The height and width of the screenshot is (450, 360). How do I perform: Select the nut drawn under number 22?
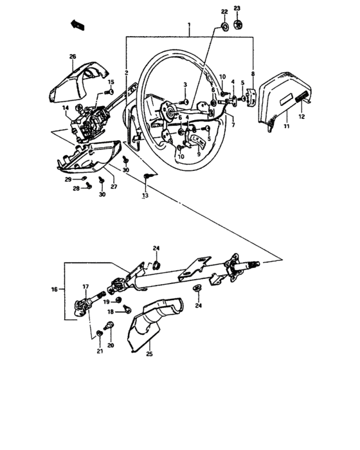(225, 26)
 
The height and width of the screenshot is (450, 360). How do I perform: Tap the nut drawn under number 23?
(237, 25)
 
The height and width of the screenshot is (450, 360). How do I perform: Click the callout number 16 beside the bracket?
(55, 290)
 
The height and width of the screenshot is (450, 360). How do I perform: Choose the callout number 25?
(149, 354)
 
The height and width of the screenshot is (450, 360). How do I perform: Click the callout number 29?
(69, 179)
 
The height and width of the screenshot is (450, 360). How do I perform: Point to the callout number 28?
(75, 188)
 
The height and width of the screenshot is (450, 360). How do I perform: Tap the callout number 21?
(100, 351)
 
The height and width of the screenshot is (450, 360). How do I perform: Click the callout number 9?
(199, 154)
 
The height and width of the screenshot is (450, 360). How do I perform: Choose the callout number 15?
(111, 82)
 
